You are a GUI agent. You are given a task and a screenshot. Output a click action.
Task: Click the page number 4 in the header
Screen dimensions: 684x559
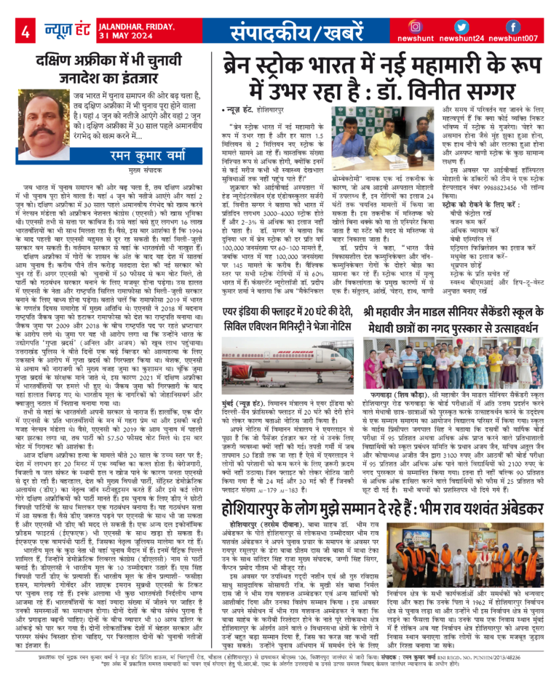[x=24, y=33]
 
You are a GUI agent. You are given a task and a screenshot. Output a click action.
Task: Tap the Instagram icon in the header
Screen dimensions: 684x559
[x=417, y=27]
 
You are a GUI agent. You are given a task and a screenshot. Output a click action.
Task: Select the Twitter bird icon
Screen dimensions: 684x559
[x=465, y=27]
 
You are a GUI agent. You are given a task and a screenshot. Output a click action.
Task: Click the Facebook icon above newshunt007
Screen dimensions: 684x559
[x=512, y=27]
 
